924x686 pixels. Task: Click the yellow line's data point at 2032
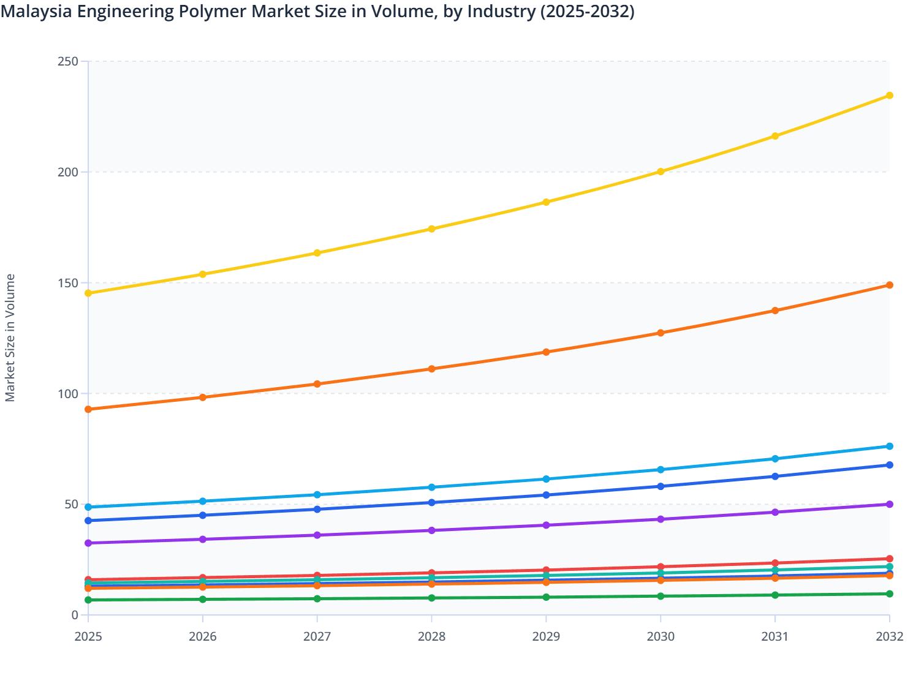tap(889, 96)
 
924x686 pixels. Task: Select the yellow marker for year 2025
tap(88, 293)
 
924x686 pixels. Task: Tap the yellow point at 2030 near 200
tap(661, 171)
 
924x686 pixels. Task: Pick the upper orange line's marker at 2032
tap(889, 285)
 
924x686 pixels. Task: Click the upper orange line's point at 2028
tap(431, 369)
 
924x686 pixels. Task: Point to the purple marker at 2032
tap(889, 504)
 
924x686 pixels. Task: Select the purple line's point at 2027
tap(317, 535)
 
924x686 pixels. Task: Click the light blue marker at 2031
tap(775, 459)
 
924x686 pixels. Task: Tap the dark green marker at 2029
tap(546, 597)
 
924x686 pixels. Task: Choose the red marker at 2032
tap(889, 559)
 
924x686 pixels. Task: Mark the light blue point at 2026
tap(203, 501)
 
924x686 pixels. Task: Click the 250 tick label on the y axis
tap(67, 61)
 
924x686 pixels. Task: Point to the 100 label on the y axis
tap(67, 393)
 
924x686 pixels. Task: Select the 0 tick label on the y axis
tap(75, 615)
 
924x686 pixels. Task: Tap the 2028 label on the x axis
tap(431, 637)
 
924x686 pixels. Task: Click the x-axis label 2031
tap(775, 637)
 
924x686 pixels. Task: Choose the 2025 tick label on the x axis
tap(88, 637)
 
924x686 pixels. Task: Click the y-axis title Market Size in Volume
tap(10, 337)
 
